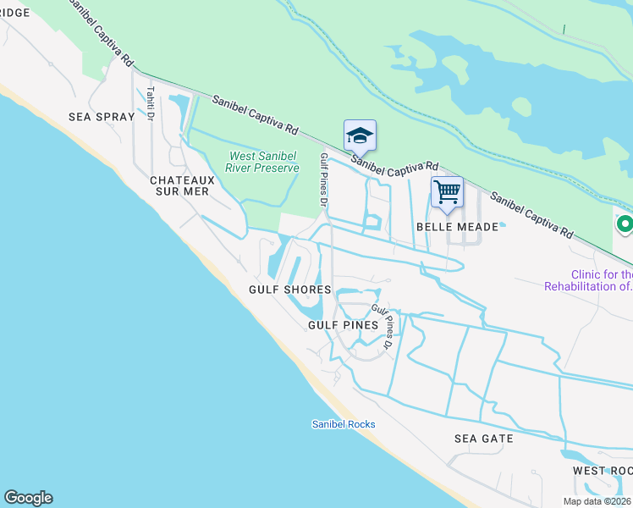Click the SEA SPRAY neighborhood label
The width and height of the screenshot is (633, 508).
(x=101, y=117)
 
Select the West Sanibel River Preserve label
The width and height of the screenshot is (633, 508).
(x=265, y=162)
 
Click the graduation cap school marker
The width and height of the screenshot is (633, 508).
(x=360, y=136)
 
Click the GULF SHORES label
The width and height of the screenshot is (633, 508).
(x=289, y=290)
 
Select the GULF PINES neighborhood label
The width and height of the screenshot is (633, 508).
(x=342, y=324)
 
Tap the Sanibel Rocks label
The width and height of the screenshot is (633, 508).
(x=343, y=424)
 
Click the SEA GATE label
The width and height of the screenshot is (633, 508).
(x=484, y=439)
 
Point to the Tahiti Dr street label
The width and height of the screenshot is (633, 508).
(x=150, y=103)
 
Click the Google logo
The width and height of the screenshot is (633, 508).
(x=28, y=498)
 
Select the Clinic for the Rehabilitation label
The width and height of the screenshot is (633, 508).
(x=589, y=280)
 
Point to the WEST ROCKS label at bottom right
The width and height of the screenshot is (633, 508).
(x=602, y=471)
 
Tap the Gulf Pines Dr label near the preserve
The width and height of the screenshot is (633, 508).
(x=323, y=180)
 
